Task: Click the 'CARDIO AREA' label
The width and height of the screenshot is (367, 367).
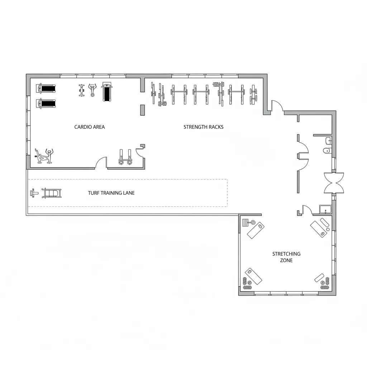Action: point(90,127)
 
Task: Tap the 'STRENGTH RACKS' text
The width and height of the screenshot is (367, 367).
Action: point(203,127)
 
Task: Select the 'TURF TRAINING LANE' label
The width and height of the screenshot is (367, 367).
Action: point(111,193)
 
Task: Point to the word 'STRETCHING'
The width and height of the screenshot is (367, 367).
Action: point(286,254)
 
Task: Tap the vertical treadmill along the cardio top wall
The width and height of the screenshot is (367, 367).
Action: point(107,92)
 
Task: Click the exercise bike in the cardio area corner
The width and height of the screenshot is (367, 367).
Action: point(43,156)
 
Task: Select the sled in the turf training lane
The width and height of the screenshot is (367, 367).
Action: point(53,193)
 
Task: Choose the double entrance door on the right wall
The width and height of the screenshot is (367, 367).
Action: point(334,182)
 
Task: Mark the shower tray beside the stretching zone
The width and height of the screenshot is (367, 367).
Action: point(325,210)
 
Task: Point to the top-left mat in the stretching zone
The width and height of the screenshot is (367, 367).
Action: point(256,230)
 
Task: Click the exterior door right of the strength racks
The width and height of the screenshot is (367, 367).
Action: point(277,106)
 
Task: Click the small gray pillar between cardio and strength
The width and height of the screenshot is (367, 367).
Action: point(142,110)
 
